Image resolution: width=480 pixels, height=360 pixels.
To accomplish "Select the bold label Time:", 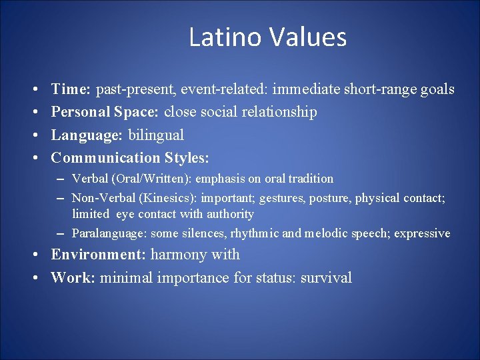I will click(x=71, y=89).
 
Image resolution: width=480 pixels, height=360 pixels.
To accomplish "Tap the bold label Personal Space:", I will click(x=105, y=112).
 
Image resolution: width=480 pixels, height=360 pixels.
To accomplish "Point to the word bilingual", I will click(x=156, y=135).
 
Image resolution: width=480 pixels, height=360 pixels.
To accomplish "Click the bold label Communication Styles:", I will click(x=130, y=158).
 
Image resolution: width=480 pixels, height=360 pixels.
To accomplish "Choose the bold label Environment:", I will click(x=99, y=255).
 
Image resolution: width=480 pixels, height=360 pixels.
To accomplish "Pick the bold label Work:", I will click(x=73, y=278).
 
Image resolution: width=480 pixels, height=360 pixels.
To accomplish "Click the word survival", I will click(x=326, y=278).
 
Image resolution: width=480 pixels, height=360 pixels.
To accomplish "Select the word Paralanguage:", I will click(x=110, y=233).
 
